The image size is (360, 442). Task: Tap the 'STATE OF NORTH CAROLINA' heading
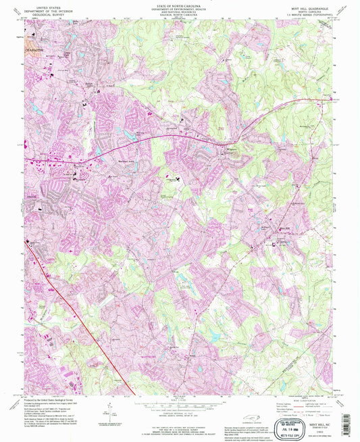coord(180,4)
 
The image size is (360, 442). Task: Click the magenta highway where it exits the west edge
coord(28,159)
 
